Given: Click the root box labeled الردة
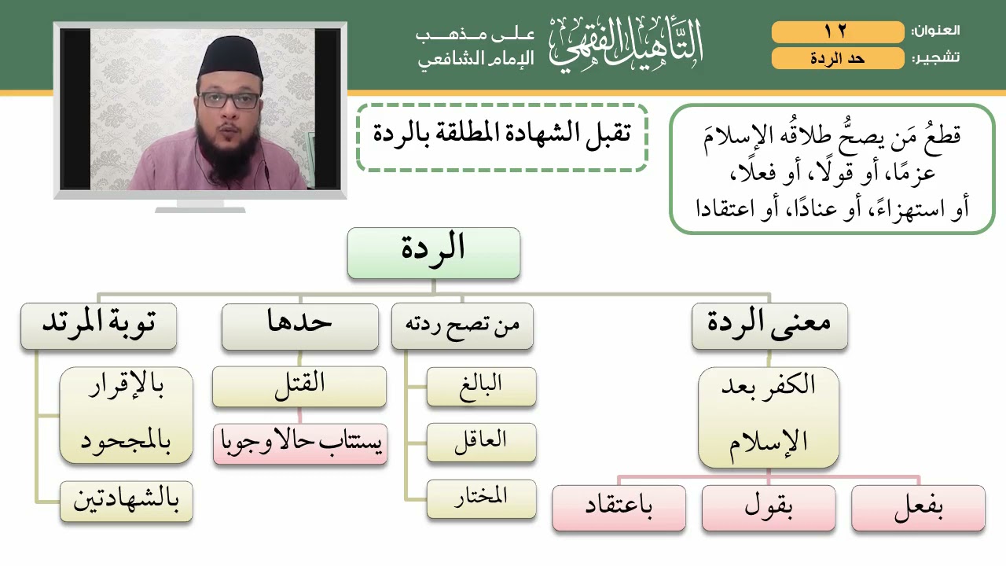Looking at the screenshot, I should coord(433,253).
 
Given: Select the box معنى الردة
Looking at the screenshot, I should coord(769,326).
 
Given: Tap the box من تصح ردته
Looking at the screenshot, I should coord(462,326).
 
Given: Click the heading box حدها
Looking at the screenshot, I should coord(299,326).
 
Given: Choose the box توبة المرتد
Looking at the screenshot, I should coord(98,326).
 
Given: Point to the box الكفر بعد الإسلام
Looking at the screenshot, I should coord(769,417).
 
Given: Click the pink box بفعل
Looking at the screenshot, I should coord(918,508).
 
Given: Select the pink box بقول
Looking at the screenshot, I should coord(769,508).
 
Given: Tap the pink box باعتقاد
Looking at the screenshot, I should coord(619,508).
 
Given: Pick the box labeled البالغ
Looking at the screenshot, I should coord(481,386).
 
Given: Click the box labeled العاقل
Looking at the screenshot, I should coord(481,442).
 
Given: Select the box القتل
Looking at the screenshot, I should coord(299,386).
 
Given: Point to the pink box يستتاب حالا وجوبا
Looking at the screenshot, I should coord(299,443).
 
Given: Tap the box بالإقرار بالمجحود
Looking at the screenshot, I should coord(126,414).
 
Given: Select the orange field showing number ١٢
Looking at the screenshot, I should coord(837,32).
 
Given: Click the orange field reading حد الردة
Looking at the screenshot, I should coord(837,59).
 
